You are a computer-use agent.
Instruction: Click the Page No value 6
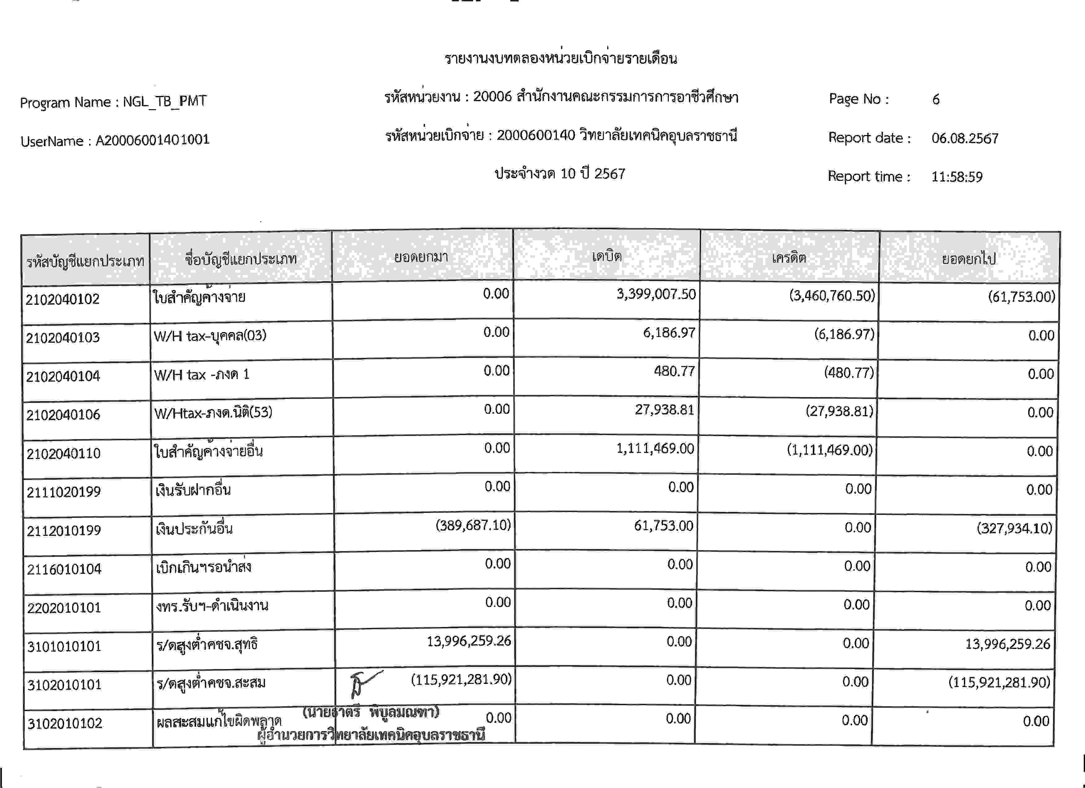936,99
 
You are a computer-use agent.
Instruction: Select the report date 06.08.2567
965,138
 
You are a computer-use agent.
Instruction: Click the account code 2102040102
63,299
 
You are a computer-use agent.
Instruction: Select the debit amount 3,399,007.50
656,294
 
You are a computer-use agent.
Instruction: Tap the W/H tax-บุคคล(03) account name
210,335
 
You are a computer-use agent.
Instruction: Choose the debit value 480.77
674,371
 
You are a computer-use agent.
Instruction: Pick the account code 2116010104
64,569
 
